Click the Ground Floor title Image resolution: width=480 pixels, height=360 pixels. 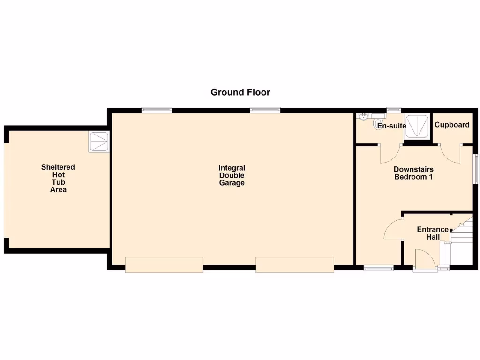[x=240, y=92]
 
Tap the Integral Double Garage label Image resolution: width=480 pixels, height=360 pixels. [x=232, y=175]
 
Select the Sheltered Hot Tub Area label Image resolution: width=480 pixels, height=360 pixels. [x=58, y=178]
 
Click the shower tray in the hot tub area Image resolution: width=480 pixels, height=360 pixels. [x=98, y=142]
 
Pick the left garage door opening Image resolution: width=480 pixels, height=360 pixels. [x=164, y=264]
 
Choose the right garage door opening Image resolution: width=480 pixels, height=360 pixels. [x=294, y=264]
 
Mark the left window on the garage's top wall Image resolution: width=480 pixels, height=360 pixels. [x=157, y=110]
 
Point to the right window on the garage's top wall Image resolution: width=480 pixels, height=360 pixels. [x=265, y=110]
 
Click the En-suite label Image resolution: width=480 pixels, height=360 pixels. [x=391, y=126]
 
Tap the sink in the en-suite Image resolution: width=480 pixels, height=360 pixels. [x=364, y=117]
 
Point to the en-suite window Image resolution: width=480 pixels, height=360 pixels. [x=394, y=110]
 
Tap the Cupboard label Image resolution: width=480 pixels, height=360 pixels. [x=452, y=125]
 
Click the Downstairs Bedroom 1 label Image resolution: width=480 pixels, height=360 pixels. [x=413, y=173]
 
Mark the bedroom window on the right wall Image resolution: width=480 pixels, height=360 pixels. [x=475, y=169]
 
